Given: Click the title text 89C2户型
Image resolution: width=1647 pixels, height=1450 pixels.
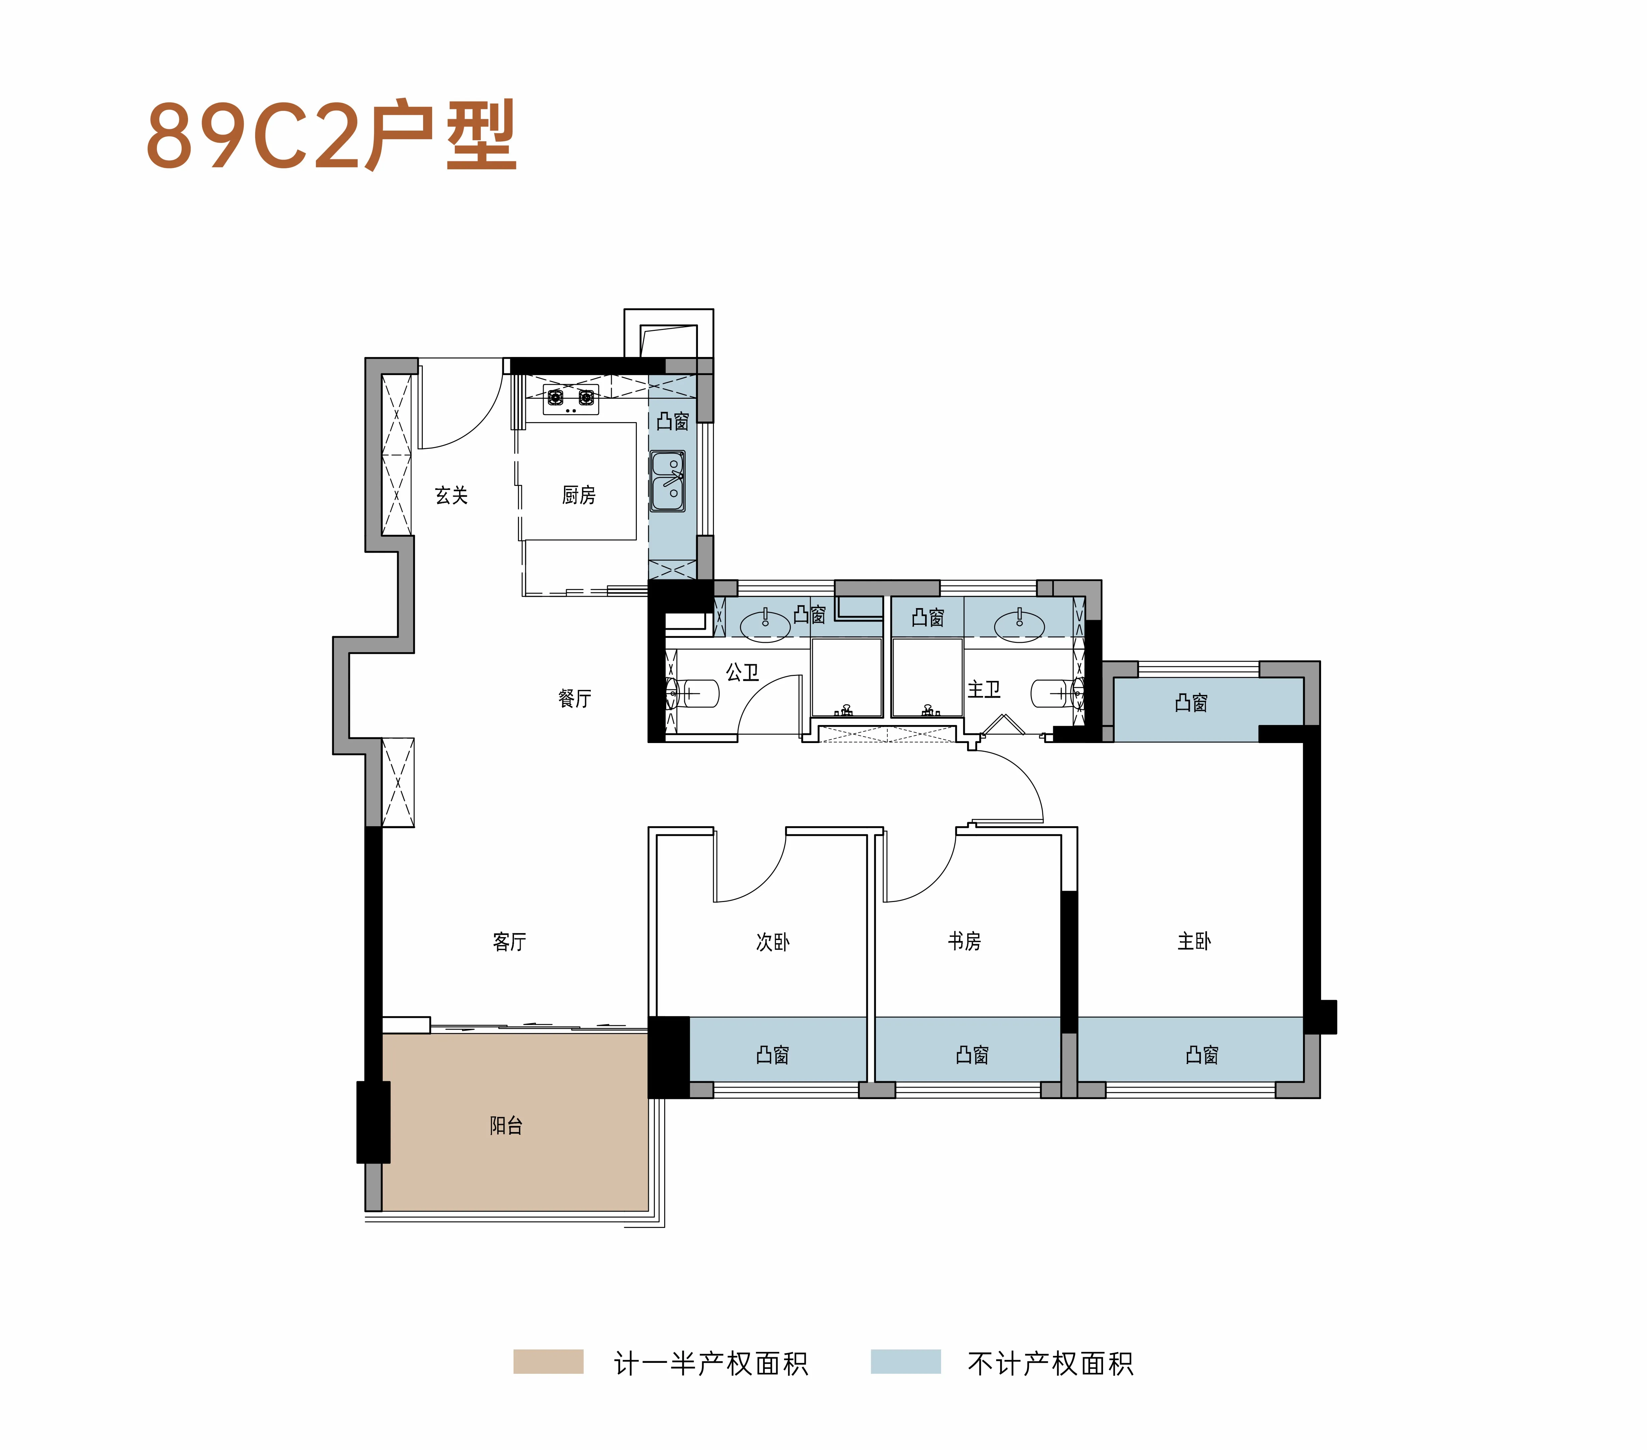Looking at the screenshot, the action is [x=331, y=135].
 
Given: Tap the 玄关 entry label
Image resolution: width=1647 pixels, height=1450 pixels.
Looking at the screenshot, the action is [x=451, y=495].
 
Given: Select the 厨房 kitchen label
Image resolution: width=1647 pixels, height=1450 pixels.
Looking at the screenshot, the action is [x=578, y=495].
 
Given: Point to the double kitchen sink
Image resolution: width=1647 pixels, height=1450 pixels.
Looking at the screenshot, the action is [x=668, y=481].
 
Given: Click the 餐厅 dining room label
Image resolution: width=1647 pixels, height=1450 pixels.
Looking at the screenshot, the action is [x=574, y=698].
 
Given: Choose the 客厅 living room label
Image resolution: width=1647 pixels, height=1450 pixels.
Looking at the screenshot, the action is [x=509, y=941].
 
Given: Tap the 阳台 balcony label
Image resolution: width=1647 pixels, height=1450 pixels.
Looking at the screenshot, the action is [x=506, y=1125].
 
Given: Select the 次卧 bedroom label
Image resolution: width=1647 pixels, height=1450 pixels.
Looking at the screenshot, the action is [x=773, y=941].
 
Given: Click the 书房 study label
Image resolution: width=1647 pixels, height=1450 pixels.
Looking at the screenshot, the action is [x=964, y=941].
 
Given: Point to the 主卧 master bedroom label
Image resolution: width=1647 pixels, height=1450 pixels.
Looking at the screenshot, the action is [x=1194, y=941].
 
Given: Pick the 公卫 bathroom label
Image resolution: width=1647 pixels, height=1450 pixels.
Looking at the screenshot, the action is [x=742, y=672].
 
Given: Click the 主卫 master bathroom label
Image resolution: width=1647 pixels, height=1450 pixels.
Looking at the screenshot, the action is [x=984, y=689].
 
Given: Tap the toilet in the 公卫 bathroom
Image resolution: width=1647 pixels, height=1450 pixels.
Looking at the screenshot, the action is [x=693, y=692].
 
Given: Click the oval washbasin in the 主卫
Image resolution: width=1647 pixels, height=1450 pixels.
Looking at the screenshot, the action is [x=1019, y=625].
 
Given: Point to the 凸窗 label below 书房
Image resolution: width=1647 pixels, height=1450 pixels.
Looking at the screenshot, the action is [x=972, y=1054].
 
